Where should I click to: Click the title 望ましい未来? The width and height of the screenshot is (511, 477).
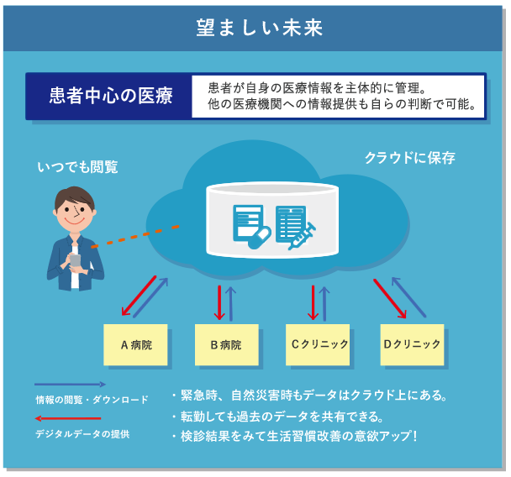coord(260,28)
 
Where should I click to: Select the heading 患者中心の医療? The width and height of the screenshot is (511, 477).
coord(111,96)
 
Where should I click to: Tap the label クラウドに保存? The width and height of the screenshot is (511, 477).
coord(409,158)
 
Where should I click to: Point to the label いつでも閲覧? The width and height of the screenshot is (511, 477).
coord(77,167)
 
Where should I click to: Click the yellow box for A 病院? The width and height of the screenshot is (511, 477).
coord(135,344)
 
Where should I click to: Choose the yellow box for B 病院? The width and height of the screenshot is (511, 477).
coord(227,344)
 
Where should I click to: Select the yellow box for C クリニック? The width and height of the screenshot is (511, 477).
coord(318,344)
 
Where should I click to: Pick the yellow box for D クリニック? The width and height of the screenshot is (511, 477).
coord(413,344)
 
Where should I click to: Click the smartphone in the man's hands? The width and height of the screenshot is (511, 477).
coord(76,261)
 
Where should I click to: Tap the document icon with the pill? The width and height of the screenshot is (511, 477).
coord(251,227)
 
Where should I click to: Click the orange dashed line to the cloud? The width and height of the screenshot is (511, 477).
coord(135,237)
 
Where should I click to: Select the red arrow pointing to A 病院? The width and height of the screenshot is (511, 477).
coord(139,296)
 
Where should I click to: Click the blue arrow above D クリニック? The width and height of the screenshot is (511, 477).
coord(408,296)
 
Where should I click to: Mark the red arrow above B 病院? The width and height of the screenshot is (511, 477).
coord(219,303)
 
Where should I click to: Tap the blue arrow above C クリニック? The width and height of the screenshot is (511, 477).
coord(324,304)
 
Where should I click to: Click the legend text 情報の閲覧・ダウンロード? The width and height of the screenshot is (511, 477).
coord(92,400)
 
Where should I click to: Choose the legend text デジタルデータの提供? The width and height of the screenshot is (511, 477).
coord(82,434)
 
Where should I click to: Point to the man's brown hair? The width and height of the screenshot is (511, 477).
coord(74,197)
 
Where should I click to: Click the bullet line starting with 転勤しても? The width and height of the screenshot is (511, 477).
coord(278,417)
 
